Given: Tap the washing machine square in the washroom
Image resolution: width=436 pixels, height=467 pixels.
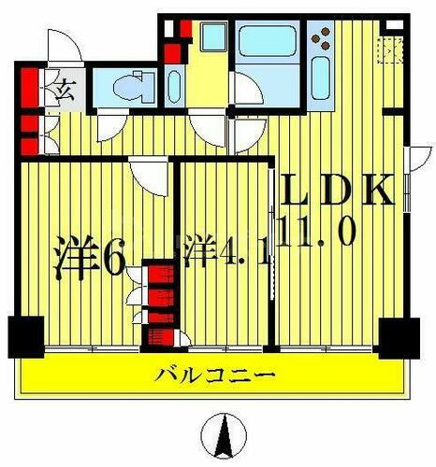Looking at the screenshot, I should (212, 40).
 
